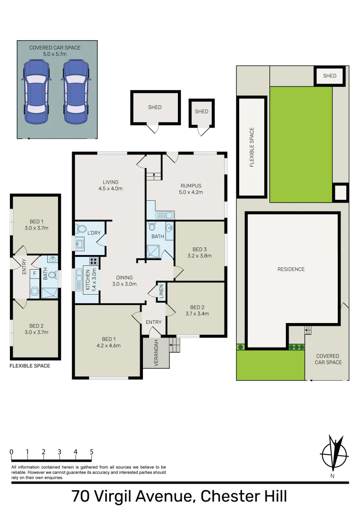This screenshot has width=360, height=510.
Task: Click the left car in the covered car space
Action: pyautogui.click(x=35, y=92)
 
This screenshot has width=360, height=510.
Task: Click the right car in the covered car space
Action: pyautogui.click(x=76, y=92)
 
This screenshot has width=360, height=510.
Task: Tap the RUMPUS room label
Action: pyautogui.click(x=191, y=186)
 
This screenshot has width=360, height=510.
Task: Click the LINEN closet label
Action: pyautogui.click(x=160, y=290)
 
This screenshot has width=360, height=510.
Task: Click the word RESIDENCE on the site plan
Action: pyautogui.click(x=291, y=269)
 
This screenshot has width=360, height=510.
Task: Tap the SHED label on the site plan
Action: pyautogui.click(x=330, y=76)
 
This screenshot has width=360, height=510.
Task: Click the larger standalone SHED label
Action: pyautogui.click(x=155, y=107)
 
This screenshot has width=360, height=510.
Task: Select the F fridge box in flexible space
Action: pyautogui.click(x=34, y=273)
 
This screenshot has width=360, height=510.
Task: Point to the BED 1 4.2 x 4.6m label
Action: pyautogui.click(x=108, y=342)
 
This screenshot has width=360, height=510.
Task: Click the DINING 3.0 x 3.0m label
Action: pyautogui.click(x=124, y=280)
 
